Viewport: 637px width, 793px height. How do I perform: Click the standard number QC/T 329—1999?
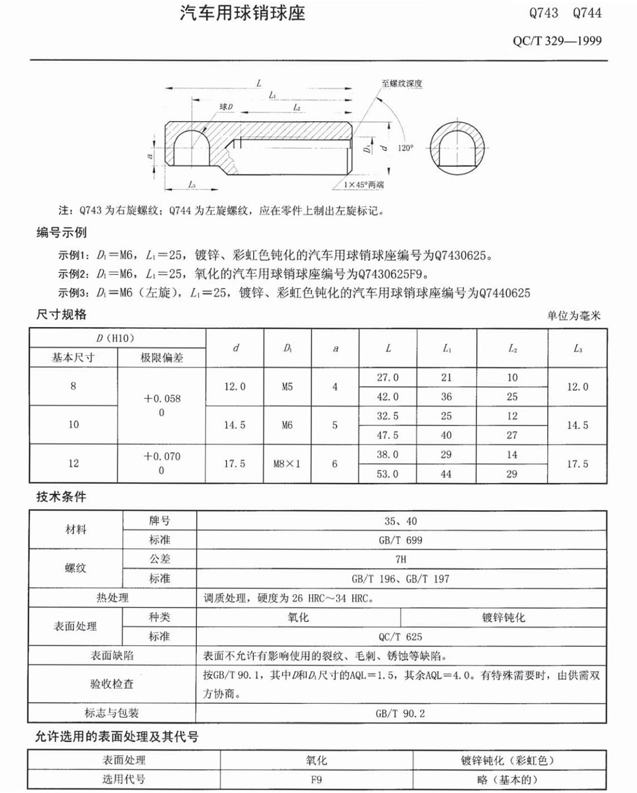tap(557, 41)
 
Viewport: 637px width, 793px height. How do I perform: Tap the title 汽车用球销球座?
tap(242, 13)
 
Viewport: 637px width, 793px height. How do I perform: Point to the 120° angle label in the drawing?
tap(405, 148)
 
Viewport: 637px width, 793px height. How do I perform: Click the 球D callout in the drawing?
tap(226, 107)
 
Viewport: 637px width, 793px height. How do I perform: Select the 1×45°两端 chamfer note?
tap(364, 184)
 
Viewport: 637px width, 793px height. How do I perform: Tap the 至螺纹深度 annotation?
tap(402, 83)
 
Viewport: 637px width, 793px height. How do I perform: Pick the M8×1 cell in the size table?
tap(287, 464)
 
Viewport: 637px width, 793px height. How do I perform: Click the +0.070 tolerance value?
tap(162, 456)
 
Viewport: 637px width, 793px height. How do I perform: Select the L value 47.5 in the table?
tap(387, 435)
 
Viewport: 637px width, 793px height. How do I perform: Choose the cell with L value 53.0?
tap(387, 474)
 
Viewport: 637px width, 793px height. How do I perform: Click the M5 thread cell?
tap(287, 387)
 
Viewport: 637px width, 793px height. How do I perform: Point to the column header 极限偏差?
tap(162, 358)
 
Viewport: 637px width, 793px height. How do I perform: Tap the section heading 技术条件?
tap(61, 497)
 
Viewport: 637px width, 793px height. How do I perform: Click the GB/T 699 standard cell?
tap(400, 540)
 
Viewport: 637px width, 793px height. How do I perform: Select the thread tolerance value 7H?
tap(400, 559)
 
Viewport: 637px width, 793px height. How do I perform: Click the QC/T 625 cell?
tap(400, 636)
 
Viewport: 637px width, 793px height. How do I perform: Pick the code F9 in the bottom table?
tap(316, 780)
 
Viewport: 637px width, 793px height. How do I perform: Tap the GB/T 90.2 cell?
tap(400, 714)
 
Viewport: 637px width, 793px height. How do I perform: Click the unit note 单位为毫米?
tap(574, 315)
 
